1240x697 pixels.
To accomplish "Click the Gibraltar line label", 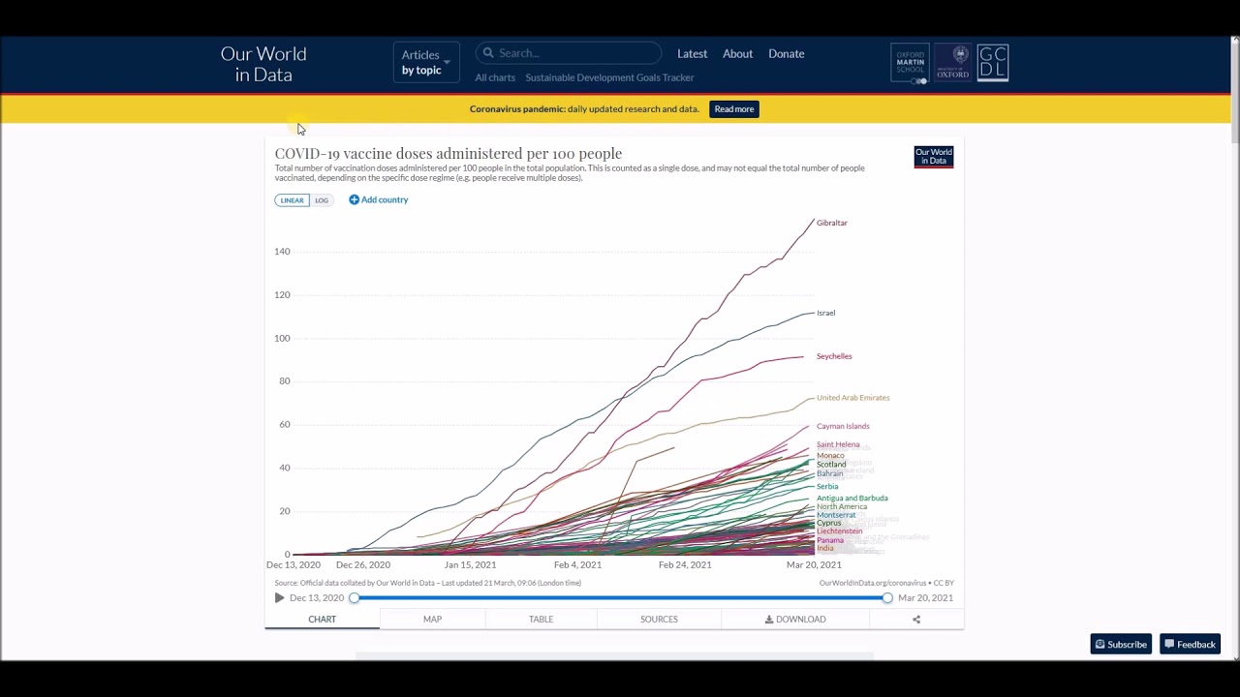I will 831,223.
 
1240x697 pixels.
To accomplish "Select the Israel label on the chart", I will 825,313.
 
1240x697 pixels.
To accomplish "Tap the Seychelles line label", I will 833,356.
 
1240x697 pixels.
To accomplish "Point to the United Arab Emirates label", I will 852,398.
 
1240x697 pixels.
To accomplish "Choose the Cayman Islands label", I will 842,426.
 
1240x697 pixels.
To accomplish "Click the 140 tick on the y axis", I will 281,252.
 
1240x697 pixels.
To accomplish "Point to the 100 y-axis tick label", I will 281,338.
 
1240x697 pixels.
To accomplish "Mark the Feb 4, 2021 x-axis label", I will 577,564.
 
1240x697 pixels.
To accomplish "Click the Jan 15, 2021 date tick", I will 470,564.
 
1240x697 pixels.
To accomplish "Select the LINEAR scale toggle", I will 292,200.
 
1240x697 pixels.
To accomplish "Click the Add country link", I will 379,199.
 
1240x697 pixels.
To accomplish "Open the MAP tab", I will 432,620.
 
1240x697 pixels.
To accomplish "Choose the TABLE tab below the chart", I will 541,620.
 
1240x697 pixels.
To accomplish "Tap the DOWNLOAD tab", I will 795,620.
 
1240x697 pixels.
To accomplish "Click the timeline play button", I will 280,598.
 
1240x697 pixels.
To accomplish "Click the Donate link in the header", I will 786,54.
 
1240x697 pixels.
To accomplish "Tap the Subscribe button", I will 1121,645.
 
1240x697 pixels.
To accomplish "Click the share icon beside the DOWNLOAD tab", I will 916,620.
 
